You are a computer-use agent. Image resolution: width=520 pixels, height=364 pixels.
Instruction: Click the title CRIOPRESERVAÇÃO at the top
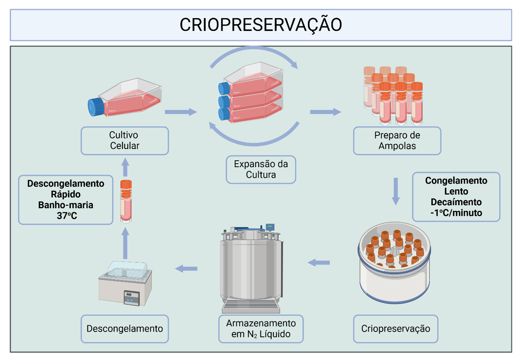[261, 25]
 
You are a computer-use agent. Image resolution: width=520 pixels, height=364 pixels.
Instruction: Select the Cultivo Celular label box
[124, 140]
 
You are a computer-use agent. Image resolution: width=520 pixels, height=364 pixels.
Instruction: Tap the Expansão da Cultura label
[261, 169]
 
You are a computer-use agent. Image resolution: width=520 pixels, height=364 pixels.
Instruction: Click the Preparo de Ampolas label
[397, 140]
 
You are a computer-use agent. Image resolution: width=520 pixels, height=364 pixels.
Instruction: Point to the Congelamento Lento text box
[456, 197]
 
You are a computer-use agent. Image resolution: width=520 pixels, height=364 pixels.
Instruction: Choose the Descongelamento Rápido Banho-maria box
[66, 200]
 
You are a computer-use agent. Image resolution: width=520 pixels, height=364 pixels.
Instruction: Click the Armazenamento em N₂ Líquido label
[261, 329]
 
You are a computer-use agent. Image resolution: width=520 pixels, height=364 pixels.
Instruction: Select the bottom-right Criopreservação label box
[395, 329]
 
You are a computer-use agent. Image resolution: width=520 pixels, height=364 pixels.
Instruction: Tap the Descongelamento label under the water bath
[124, 329]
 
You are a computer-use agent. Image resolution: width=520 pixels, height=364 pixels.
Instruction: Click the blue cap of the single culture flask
[96, 106]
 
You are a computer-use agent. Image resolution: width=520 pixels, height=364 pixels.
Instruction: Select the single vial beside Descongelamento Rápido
[126, 201]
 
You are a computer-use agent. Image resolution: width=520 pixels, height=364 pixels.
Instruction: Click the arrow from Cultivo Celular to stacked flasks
[181, 112]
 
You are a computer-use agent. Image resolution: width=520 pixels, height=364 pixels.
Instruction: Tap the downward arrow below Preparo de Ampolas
[396, 191]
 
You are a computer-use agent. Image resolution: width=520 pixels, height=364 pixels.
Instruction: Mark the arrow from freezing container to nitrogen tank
[319, 263]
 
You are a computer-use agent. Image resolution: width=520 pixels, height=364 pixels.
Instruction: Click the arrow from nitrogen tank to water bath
[186, 269]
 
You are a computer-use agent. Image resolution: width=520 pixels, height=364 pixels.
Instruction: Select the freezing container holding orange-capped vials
[394, 262]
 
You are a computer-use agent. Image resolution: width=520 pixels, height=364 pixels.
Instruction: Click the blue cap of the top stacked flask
[224, 88]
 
